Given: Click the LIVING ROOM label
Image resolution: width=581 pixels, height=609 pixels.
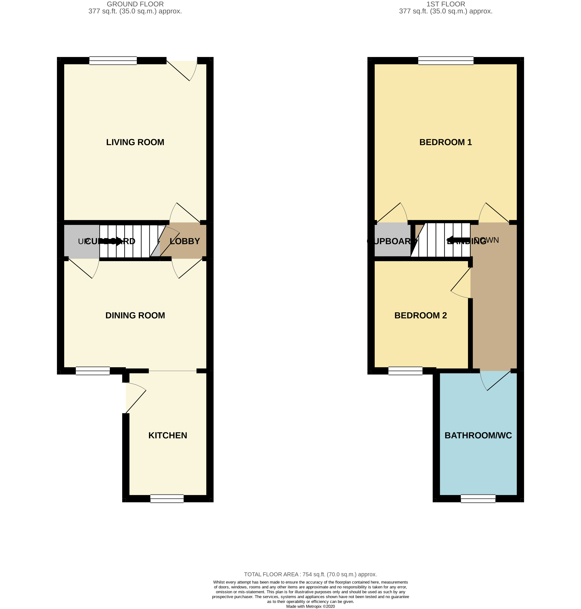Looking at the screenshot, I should coord(135,142).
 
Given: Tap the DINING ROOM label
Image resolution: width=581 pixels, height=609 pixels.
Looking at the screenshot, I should coord(135,315).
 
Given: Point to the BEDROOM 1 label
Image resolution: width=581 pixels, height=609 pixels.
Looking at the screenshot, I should coord(445,142).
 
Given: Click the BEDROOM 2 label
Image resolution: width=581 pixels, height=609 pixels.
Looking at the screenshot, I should coord(420,315).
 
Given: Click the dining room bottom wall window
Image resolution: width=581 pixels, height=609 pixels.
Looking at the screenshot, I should coord(93,371).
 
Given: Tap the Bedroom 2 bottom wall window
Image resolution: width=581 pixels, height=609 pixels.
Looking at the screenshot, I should coord(405,371).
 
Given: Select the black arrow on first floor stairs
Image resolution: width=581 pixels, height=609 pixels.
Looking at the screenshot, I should coord(458,240).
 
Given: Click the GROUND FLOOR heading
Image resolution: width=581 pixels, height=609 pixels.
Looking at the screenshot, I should coord(135,4).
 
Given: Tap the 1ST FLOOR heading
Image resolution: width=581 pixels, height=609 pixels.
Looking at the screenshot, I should coord(445,4).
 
